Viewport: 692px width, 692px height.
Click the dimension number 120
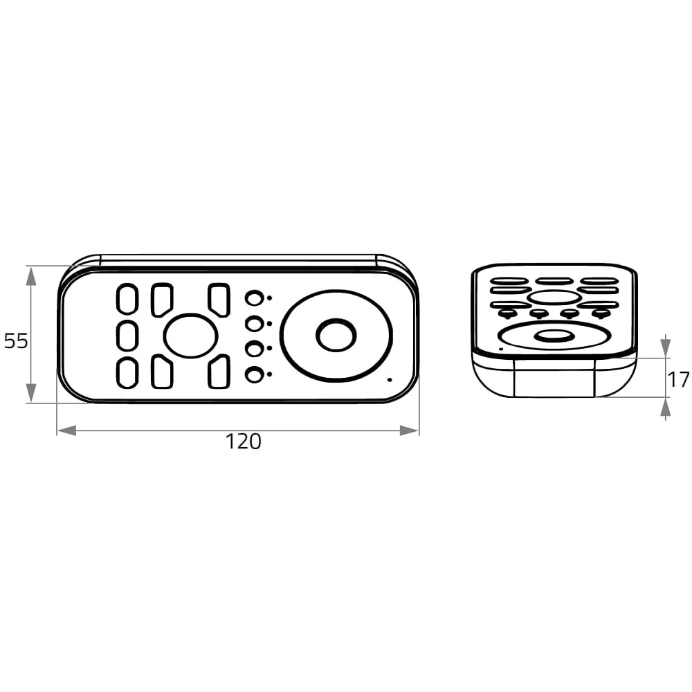coord(243,441)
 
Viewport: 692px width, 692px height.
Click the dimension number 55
coord(16,340)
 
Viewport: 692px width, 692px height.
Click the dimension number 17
coord(679,379)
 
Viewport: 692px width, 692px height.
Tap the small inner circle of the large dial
coord(336,336)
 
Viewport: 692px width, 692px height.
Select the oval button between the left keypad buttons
coord(191,336)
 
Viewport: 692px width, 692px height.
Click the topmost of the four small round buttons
coord(254,298)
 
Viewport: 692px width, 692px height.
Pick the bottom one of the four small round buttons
coord(254,375)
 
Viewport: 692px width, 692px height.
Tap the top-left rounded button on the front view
coord(127,299)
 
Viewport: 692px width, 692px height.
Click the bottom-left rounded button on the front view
coord(127,373)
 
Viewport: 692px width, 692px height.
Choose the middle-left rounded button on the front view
coord(127,336)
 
